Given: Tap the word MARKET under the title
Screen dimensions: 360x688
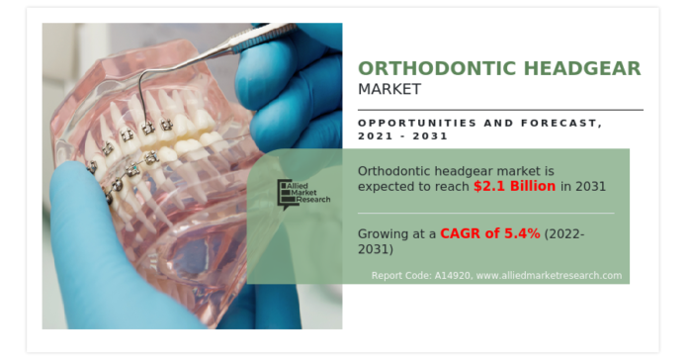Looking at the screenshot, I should pos(389,90).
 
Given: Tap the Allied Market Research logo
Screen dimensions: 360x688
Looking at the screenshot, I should pos(301,193).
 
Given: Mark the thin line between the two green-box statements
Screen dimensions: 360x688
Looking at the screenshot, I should pos(484,212).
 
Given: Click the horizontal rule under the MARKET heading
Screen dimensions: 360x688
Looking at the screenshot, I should pos(499,109).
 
